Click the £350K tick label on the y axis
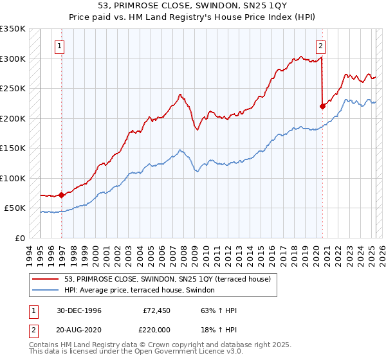(x=13, y=29)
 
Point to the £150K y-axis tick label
(x=13, y=148)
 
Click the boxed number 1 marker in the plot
(x=60, y=46)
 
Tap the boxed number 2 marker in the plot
(x=320, y=46)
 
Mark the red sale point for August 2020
(x=322, y=107)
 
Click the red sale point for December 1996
(x=62, y=195)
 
